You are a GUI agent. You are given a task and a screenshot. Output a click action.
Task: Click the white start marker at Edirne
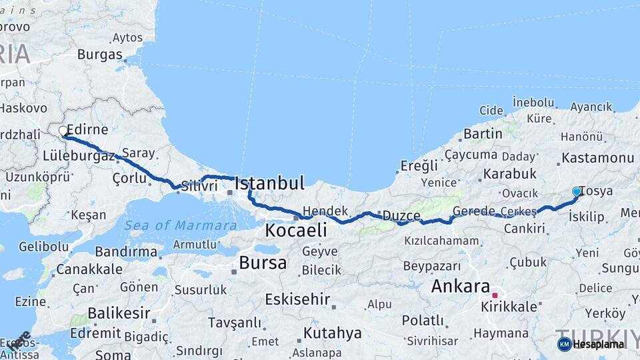[63, 131]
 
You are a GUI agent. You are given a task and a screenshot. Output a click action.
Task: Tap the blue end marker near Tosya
[577, 191]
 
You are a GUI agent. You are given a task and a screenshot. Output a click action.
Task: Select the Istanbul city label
[269, 183]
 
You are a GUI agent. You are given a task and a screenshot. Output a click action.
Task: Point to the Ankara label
[461, 287]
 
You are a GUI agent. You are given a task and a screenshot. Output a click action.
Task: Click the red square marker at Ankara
[495, 295]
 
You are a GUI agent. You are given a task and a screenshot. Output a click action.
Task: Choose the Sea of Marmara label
[180, 225]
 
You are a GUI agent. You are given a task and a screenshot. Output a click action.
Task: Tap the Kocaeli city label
[296, 231]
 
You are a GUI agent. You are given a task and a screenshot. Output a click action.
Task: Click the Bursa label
[263, 263]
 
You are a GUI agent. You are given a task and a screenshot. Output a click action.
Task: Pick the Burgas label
[100, 55]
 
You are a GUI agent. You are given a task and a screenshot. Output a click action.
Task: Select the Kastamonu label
[597, 158]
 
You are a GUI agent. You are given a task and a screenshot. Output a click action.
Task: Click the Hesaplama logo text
[599, 344]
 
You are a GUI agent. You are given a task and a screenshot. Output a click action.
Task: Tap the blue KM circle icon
[564, 344]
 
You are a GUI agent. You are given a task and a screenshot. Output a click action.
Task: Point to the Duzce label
[401, 216]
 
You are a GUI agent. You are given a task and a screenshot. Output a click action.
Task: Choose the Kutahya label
[332, 333]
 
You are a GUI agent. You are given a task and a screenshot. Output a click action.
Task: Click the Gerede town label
[474, 211]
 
